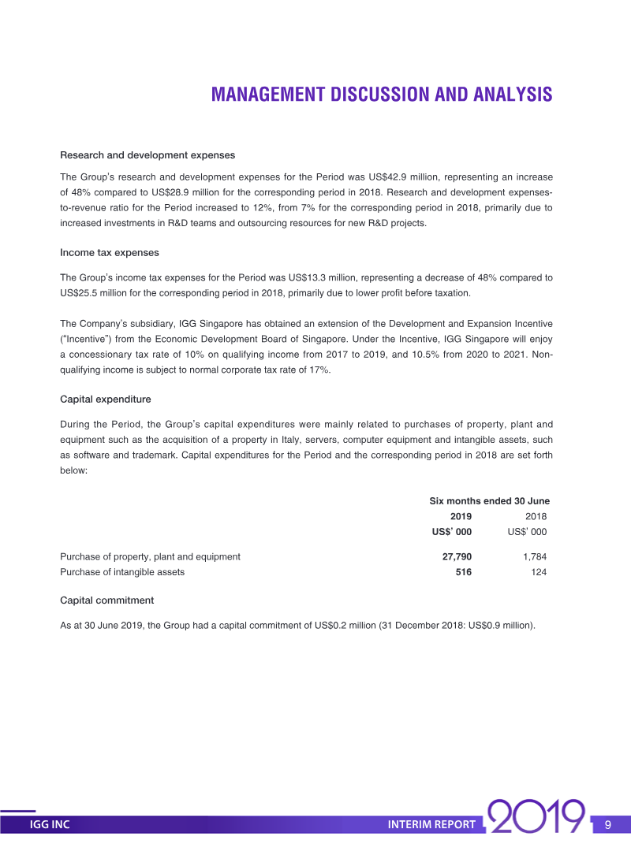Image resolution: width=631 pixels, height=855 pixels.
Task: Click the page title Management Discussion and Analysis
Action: tap(382, 95)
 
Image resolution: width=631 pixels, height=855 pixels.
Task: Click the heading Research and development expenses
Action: tap(147, 155)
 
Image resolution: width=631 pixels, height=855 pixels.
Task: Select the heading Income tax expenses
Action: tap(110, 253)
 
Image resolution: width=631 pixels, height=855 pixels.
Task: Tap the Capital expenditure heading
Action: tap(106, 400)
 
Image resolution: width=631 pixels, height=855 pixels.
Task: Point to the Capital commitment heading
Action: tap(107, 600)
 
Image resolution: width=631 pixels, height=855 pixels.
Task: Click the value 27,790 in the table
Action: tap(457, 556)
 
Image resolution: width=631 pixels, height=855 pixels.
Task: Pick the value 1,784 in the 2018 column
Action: tap(534, 556)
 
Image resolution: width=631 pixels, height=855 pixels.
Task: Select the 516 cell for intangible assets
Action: tap(463, 572)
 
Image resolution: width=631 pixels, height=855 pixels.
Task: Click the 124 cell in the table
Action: tap(539, 572)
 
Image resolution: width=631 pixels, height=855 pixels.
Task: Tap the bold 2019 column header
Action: tap(461, 516)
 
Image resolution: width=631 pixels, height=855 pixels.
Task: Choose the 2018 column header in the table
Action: tap(535, 516)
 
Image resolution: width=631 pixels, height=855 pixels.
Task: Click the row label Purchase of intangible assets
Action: tap(122, 572)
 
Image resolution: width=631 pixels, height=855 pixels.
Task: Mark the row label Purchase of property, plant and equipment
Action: tap(150, 556)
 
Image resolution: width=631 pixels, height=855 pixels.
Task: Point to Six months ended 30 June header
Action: tap(489, 501)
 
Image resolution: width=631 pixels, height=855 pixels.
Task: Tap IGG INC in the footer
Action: tap(50, 825)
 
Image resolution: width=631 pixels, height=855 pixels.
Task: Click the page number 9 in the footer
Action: tap(608, 825)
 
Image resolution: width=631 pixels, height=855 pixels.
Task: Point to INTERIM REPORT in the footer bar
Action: tap(432, 825)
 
